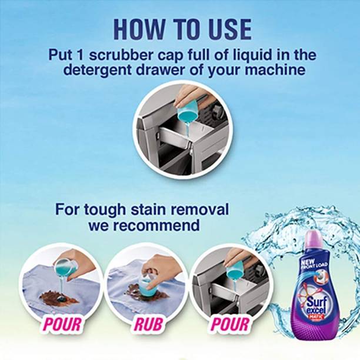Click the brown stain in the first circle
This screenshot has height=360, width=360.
pos(59,298)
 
